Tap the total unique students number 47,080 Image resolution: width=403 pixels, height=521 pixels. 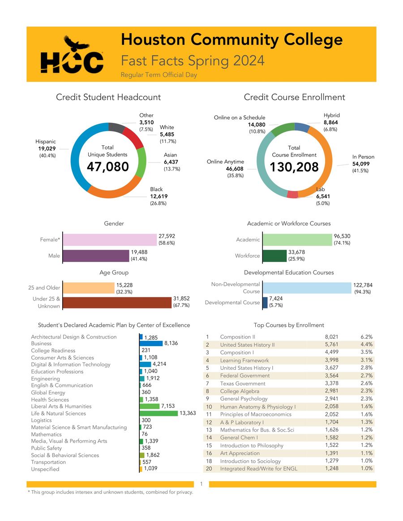pos(107,167)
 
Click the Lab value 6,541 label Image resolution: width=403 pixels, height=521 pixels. pos(323,196)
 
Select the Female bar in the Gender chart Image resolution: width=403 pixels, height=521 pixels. pos(110,240)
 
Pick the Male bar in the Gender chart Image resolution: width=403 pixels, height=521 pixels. pos(95,256)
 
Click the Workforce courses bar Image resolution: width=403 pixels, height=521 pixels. pos(274,256)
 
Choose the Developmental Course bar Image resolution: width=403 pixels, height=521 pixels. pos(265,302)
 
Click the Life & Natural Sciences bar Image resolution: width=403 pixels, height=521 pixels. pos(159,413)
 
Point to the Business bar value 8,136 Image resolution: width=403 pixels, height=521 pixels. pos(172,343)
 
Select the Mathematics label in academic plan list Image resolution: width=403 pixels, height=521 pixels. pos(46,434)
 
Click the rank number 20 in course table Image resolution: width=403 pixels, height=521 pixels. pos(208,469)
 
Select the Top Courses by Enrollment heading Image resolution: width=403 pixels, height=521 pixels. pos(288,325)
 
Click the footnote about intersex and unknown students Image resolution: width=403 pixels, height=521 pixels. pos(110,492)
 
